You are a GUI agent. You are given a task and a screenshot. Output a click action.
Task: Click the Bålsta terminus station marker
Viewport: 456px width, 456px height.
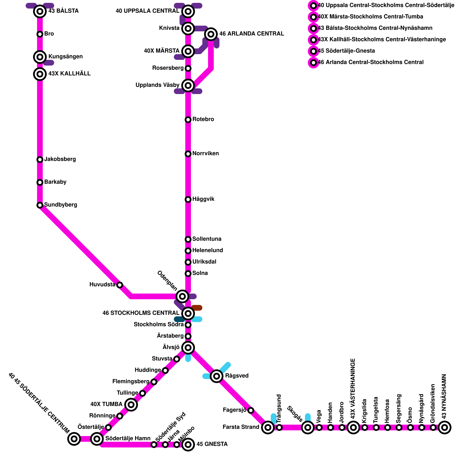(x=40, y=11)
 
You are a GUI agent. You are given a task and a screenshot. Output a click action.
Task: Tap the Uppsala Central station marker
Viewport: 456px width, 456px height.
(x=188, y=11)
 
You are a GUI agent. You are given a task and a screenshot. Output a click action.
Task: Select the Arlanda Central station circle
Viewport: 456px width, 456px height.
(x=211, y=34)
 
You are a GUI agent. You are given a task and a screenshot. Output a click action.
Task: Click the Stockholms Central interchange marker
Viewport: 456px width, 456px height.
(x=188, y=313)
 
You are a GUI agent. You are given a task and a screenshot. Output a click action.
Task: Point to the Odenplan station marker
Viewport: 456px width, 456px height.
(x=182, y=296)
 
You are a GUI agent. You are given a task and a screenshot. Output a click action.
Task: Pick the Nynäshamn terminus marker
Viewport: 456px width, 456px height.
(x=444, y=427)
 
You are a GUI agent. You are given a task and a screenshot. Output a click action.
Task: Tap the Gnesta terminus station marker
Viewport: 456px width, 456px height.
(x=188, y=445)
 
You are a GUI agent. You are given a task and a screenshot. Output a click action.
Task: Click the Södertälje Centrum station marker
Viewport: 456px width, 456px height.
(x=74, y=439)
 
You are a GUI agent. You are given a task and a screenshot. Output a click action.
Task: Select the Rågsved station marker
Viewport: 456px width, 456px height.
(x=216, y=376)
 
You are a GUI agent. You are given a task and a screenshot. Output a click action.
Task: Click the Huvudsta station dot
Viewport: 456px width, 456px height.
(x=120, y=285)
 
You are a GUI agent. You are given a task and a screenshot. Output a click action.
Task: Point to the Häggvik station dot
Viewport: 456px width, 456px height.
(x=188, y=199)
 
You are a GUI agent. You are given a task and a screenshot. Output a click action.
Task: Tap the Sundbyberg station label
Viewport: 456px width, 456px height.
(x=61, y=205)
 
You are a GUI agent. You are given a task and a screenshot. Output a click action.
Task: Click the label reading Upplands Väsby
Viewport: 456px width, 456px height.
(x=158, y=85)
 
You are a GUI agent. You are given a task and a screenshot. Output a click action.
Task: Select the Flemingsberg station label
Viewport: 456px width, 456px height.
(x=131, y=382)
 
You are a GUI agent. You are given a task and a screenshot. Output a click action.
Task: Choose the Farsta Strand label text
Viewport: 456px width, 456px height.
(x=241, y=427)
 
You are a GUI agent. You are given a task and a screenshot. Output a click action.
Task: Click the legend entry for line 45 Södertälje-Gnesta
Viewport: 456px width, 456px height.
(x=346, y=51)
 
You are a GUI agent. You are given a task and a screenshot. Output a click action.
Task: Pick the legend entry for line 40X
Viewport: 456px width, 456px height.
(x=370, y=17)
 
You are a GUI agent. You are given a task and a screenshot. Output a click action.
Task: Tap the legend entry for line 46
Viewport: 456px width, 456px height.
(x=370, y=62)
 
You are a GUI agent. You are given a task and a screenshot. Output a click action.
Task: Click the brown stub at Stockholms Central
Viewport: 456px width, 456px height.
(x=197, y=308)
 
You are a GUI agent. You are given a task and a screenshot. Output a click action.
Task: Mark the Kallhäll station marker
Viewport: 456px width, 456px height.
(x=40, y=74)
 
